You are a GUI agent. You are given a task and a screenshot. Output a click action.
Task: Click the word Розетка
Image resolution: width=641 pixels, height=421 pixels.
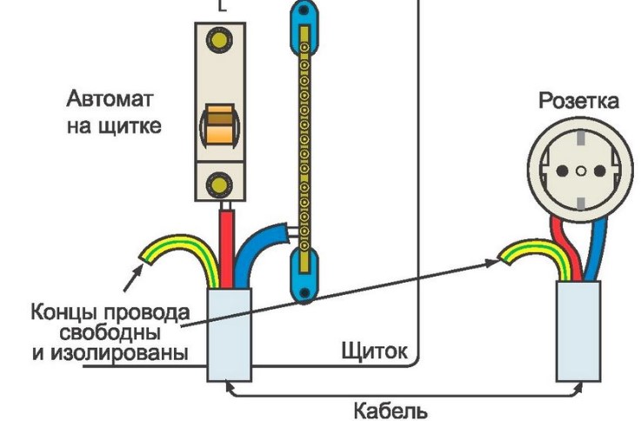[578, 101]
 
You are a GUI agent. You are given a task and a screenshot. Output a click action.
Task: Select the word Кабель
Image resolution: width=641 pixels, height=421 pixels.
[391, 408]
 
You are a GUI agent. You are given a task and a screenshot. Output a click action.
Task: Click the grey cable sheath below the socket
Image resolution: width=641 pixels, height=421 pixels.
[579, 331]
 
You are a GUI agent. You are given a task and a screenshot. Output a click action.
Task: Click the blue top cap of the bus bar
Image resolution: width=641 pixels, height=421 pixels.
[302, 15]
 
